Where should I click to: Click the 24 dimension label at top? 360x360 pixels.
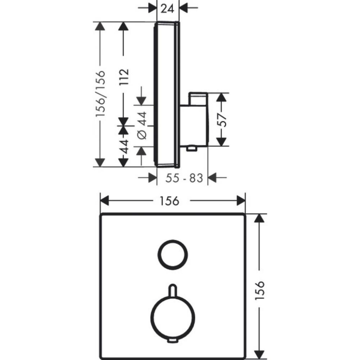pos(167,9)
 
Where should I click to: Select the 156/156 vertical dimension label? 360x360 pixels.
pos(101,93)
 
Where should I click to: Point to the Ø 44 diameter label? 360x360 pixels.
pos(142,126)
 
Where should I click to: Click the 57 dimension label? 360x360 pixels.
pos(222,120)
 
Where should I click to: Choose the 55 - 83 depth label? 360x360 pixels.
pos(184,178)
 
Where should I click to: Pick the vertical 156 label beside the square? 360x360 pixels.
pos(260,290)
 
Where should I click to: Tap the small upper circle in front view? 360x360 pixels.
pos(173,241)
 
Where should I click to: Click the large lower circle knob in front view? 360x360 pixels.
pos(173,297)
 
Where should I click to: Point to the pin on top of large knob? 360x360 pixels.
pos(173,290)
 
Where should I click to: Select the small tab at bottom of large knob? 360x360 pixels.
pos(173,341)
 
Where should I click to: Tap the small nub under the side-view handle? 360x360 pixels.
pos(192,149)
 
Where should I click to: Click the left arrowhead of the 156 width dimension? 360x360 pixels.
pos(104,201)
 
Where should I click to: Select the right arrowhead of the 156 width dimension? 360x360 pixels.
pos(241,201)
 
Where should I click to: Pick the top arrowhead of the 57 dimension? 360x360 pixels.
pos(221,97)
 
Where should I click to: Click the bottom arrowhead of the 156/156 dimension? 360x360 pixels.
pos(99,162)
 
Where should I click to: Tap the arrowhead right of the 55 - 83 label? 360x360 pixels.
pos(212,178)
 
